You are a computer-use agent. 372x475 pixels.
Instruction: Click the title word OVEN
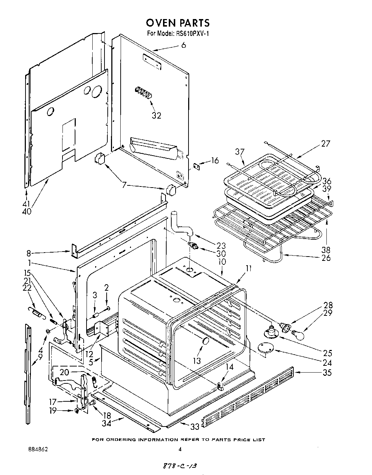coord(161,23)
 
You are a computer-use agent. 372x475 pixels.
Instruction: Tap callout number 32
coord(156,115)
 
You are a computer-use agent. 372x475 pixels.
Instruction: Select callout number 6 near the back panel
coord(183,45)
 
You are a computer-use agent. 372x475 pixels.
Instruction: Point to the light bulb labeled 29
coord(298,334)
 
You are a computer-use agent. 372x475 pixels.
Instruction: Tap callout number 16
coord(215,161)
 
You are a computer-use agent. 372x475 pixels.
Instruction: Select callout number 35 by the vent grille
coord(327,373)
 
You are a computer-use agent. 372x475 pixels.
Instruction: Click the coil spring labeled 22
coord(35,310)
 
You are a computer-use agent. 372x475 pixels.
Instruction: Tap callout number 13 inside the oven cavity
coord(197,360)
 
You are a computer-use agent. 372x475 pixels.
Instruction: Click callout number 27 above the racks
coord(326,143)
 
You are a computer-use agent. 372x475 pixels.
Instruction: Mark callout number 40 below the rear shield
coord(27,211)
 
